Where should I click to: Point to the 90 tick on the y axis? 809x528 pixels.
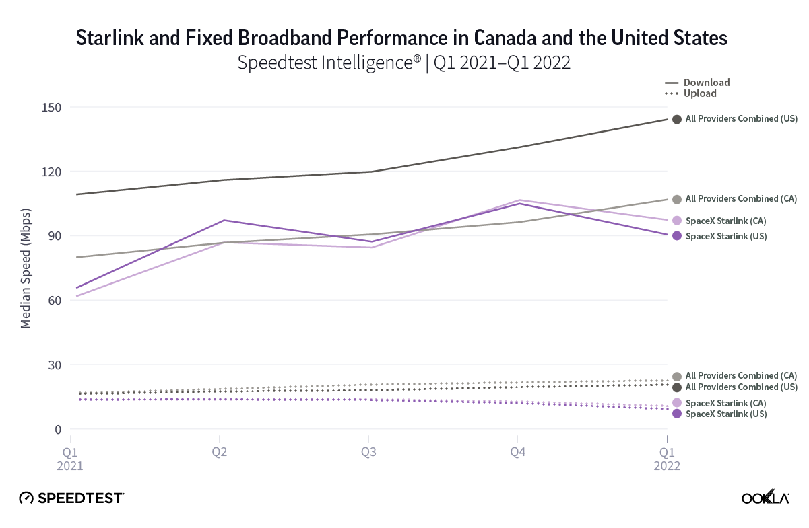point(55,236)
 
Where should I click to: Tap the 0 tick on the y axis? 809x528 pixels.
point(59,429)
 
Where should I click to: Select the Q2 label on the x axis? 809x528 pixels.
point(219,453)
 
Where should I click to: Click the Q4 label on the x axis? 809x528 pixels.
point(517,453)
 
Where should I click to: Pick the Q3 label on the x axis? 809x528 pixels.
point(368,453)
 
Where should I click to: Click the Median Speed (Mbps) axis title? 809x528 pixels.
point(26,268)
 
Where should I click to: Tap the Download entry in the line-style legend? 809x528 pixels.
point(706,83)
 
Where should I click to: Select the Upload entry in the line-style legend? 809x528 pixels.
point(700,93)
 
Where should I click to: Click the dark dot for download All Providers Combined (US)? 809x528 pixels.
point(676,119)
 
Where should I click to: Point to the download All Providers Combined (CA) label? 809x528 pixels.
point(741,199)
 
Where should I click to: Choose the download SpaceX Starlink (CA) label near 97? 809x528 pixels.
point(725,221)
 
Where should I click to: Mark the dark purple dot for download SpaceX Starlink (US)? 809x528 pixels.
point(676,236)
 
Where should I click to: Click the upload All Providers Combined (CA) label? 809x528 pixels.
point(741,375)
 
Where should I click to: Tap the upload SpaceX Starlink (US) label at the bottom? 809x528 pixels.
point(725,414)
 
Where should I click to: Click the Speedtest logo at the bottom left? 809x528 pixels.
point(71,498)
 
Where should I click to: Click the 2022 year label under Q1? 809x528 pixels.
point(667,465)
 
